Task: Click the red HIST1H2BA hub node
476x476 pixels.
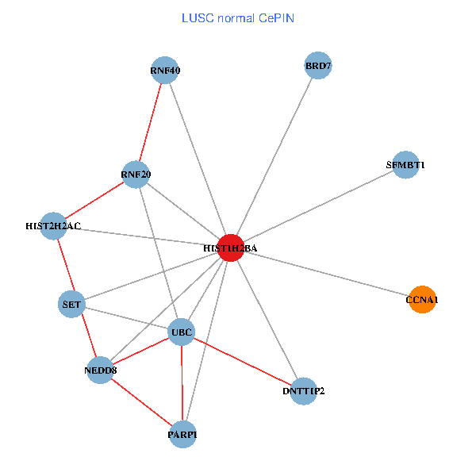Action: click(x=230, y=248)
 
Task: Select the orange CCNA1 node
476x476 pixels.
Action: click(x=422, y=299)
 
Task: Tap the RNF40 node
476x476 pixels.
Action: click(x=164, y=71)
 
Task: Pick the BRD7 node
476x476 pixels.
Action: click(x=317, y=66)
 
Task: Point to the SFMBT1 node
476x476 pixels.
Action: click(x=405, y=165)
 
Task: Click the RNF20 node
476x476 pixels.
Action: click(x=136, y=174)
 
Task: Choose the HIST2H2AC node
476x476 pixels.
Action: click(x=53, y=226)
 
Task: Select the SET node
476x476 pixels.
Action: click(x=71, y=303)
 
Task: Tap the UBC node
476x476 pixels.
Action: click(x=182, y=331)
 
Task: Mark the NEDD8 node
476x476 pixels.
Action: click(x=100, y=370)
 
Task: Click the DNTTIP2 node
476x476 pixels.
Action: click(x=304, y=390)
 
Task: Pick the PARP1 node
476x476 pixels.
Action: click(x=182, y=434)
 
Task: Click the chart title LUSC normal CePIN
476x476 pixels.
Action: click(x=238, y=17)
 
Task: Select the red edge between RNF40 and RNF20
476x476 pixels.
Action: click(x=150, y=122)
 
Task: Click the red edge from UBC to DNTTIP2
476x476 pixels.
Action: click(x=243, y=361)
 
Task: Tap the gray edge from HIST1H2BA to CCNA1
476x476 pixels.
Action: click(x=326, y=274)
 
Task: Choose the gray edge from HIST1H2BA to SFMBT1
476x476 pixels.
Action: click(x=317, y=206)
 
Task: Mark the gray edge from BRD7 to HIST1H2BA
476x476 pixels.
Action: click(x=274, y=157)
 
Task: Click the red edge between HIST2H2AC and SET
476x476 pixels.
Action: click(x=63, y=265)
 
